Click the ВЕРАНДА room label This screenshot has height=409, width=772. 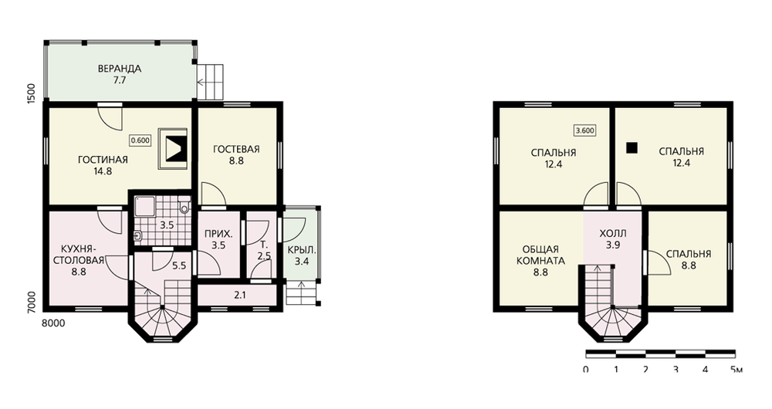point(120,69)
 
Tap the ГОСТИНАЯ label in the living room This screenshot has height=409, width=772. point(103,160)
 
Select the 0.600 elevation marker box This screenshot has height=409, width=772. point(140,140)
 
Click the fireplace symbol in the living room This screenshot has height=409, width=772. point(173,149)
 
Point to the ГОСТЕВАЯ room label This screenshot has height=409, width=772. point(236,149)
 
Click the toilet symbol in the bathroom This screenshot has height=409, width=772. point(185,206)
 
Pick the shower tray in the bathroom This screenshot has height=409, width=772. point(145,206)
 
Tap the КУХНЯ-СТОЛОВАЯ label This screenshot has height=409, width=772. point(79,254)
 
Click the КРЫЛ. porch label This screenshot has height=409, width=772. point(302,250)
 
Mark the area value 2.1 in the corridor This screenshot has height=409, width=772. point(240,296)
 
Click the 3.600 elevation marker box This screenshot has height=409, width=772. point(584,130)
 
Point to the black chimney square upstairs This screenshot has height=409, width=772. point(631,147)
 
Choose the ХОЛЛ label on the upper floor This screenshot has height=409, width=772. point(613,233)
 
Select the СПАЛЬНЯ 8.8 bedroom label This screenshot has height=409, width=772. point(689,259)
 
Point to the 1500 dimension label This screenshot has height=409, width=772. point(32,93)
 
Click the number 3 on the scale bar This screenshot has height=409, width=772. point(675,369)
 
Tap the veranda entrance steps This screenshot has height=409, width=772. point(210,83)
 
